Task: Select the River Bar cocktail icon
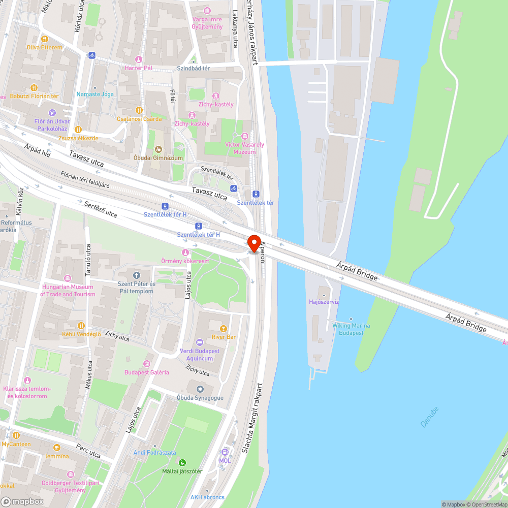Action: point(223,328)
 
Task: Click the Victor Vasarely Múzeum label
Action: point(245,148)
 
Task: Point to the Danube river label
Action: point(429,417)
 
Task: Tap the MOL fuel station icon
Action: point(225,452)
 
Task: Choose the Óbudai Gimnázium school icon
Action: point(158,149)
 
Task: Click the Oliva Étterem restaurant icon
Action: point(45,39)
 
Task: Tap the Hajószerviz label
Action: point(324,302)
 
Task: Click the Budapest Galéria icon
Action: point(147,363)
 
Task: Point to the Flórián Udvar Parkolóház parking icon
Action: point(52,113)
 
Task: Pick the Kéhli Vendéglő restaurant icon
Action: point(81,325)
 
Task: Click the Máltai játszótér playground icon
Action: point(182,462)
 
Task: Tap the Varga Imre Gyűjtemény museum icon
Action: point(207,11)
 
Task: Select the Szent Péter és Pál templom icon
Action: point(136,275)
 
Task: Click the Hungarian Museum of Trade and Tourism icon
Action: point(68,278)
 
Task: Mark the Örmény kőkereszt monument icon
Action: point(185,252)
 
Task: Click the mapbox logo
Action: point(23,501)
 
